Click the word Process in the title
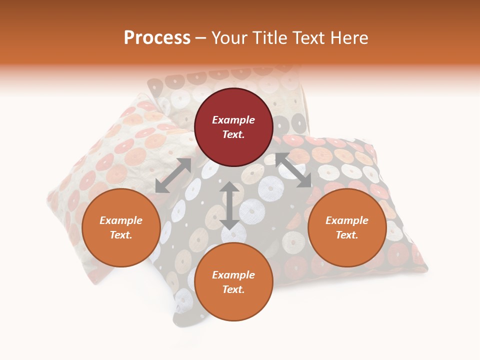point(157,38)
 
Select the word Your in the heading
point(229,38)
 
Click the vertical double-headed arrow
point(229,206)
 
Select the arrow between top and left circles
point(173,175)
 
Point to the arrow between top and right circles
point(293,170)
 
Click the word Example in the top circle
point(233,120)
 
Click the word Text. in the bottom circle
point(233,289)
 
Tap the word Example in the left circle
point(121,220)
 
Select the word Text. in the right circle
point(347,235)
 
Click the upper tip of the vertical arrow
point(229,183)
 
